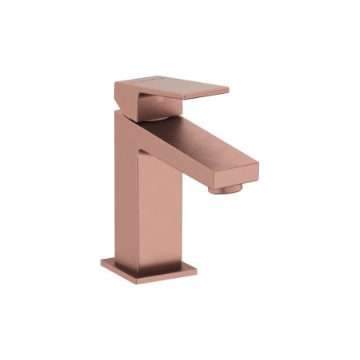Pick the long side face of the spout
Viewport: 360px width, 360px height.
(191, 163)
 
